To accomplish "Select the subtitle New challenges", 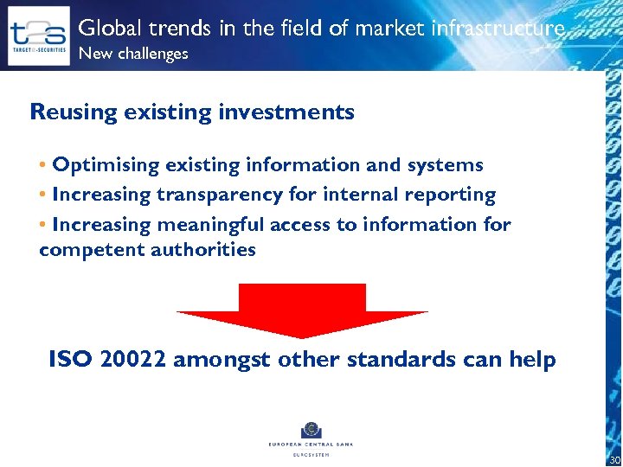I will point(133,54).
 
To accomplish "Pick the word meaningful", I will point(209,226).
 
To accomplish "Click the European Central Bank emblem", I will point(311,430).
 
